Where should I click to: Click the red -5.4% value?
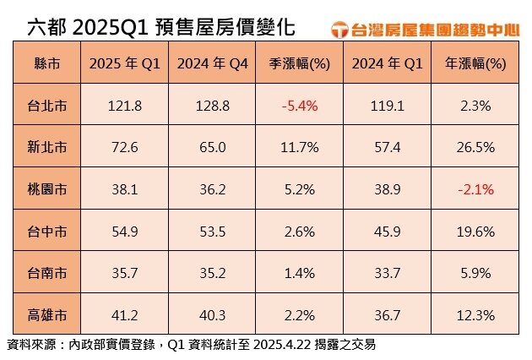tap(295, 107)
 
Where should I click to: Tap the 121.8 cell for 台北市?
tap(124, 107)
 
